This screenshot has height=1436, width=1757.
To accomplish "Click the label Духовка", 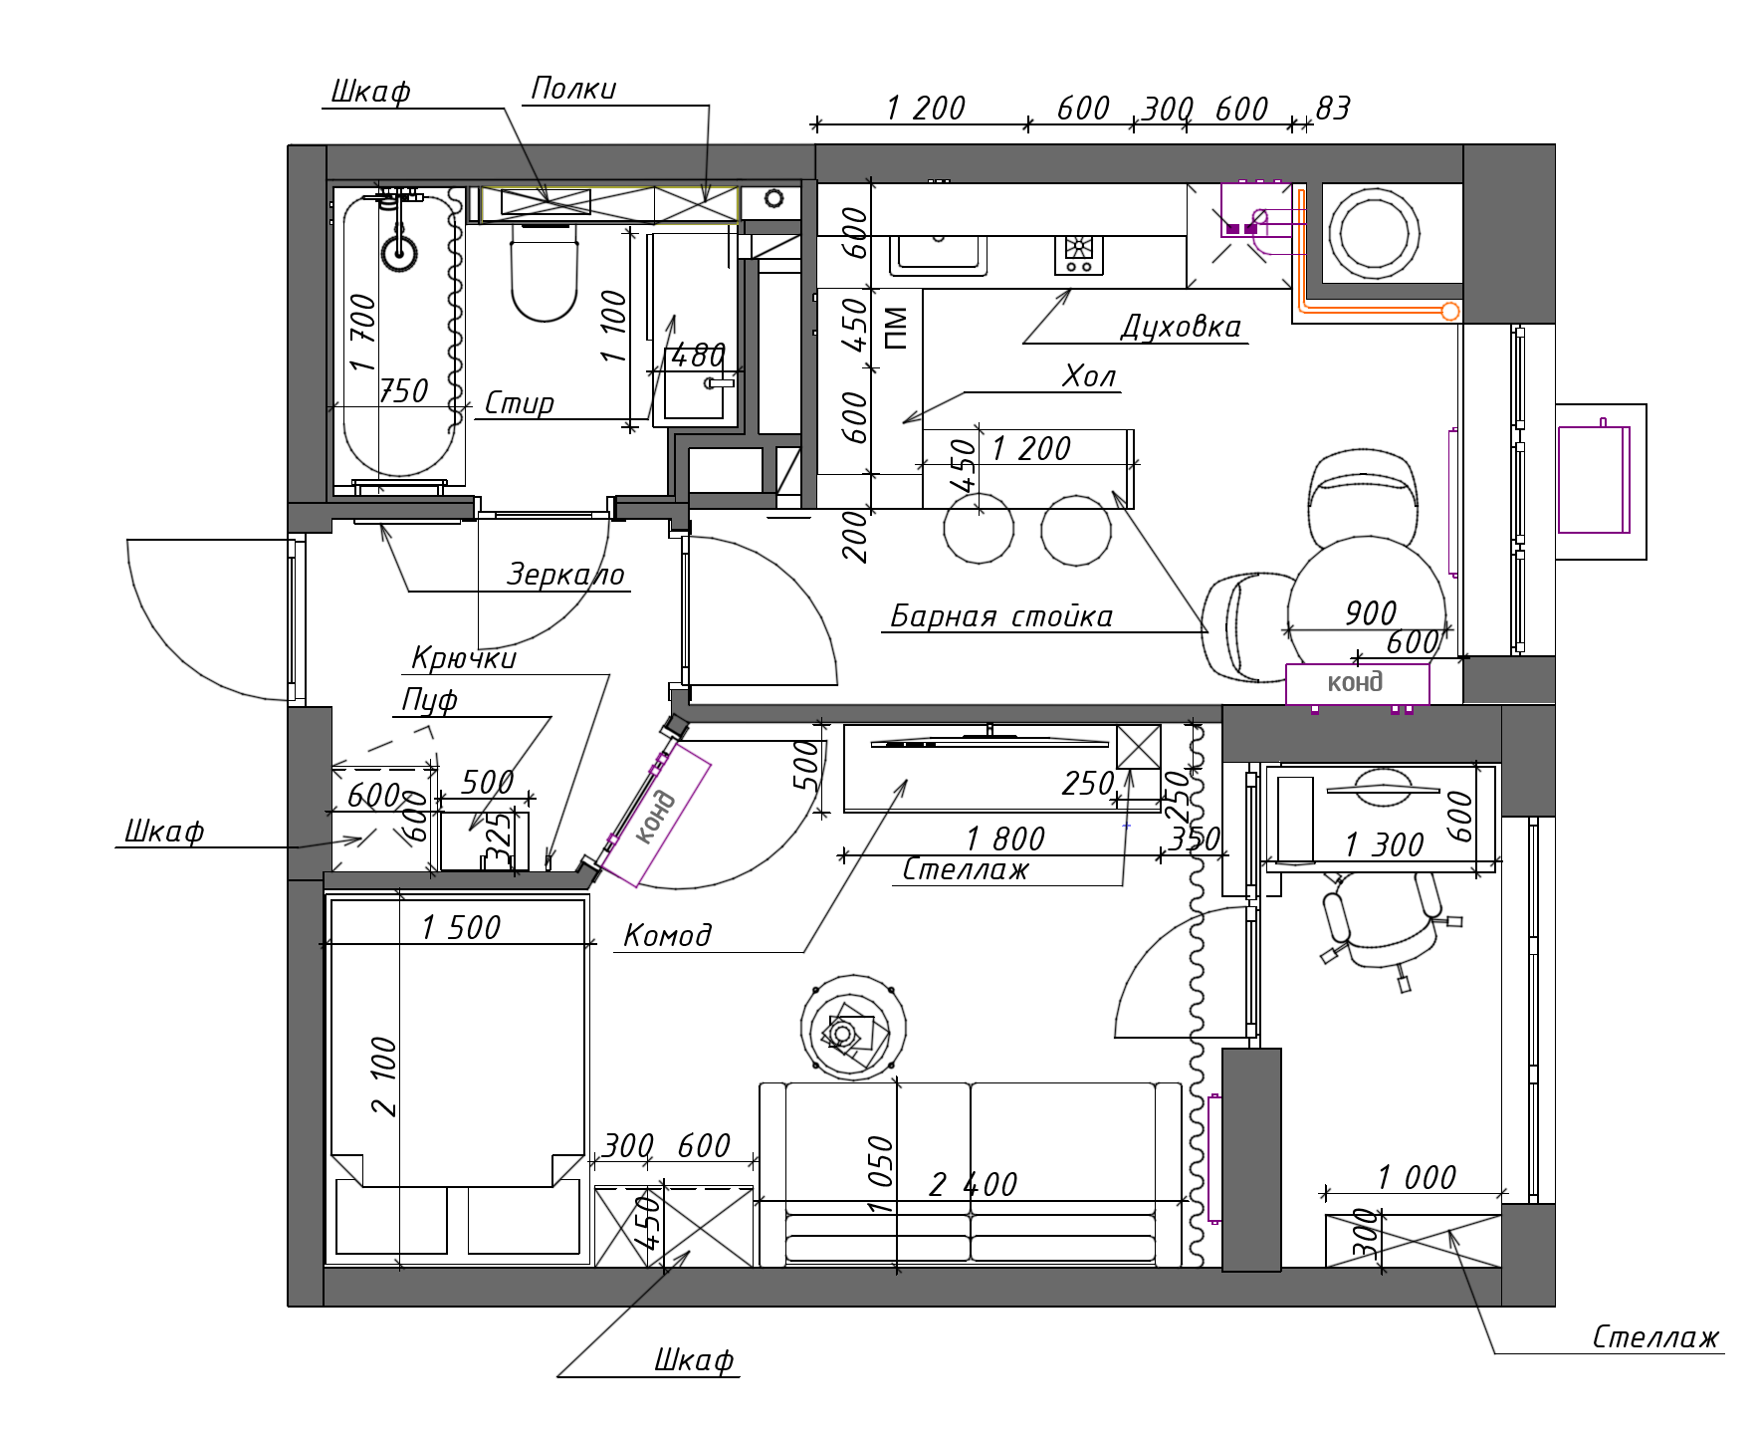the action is tap(1182, 327).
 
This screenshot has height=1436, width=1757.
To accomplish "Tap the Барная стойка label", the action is tap(1001, 616).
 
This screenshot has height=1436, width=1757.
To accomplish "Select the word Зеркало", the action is tap(565, 575).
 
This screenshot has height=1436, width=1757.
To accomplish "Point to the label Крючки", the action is tap(464, 658).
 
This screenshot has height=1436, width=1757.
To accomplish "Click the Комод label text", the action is tap(667, 935).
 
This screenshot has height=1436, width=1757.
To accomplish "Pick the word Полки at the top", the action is tap(573, 89).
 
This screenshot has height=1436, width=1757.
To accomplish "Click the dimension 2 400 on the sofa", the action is tap(974, 1184).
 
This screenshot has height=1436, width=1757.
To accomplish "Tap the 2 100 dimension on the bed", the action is tap(383, 1077).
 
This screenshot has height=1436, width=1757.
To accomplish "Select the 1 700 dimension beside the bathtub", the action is tap(362, 333).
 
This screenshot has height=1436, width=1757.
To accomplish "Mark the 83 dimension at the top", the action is tap(1333, 109).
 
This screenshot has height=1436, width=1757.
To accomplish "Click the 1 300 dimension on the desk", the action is tap(1384, 845).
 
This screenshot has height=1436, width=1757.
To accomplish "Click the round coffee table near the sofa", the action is tap(853, 1028).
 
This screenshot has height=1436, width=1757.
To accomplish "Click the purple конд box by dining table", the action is tap(1358, 683).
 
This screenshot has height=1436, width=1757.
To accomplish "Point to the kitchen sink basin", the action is tap(938, 255).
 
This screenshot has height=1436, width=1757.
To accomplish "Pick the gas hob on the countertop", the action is tap(1079, 254).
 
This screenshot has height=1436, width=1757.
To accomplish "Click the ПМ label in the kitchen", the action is tap(896, 329).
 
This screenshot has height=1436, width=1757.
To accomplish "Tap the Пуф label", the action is tap(429, 700).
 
